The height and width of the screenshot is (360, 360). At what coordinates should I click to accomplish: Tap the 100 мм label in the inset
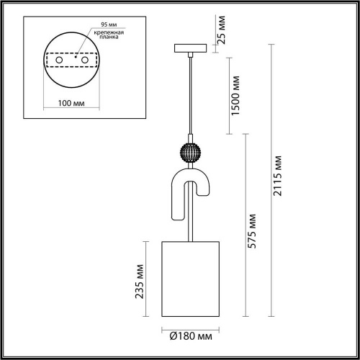(71, 103)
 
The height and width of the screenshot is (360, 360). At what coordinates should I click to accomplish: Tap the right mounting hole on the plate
(85, 62)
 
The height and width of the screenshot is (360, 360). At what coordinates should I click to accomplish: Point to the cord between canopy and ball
(189, 94)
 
